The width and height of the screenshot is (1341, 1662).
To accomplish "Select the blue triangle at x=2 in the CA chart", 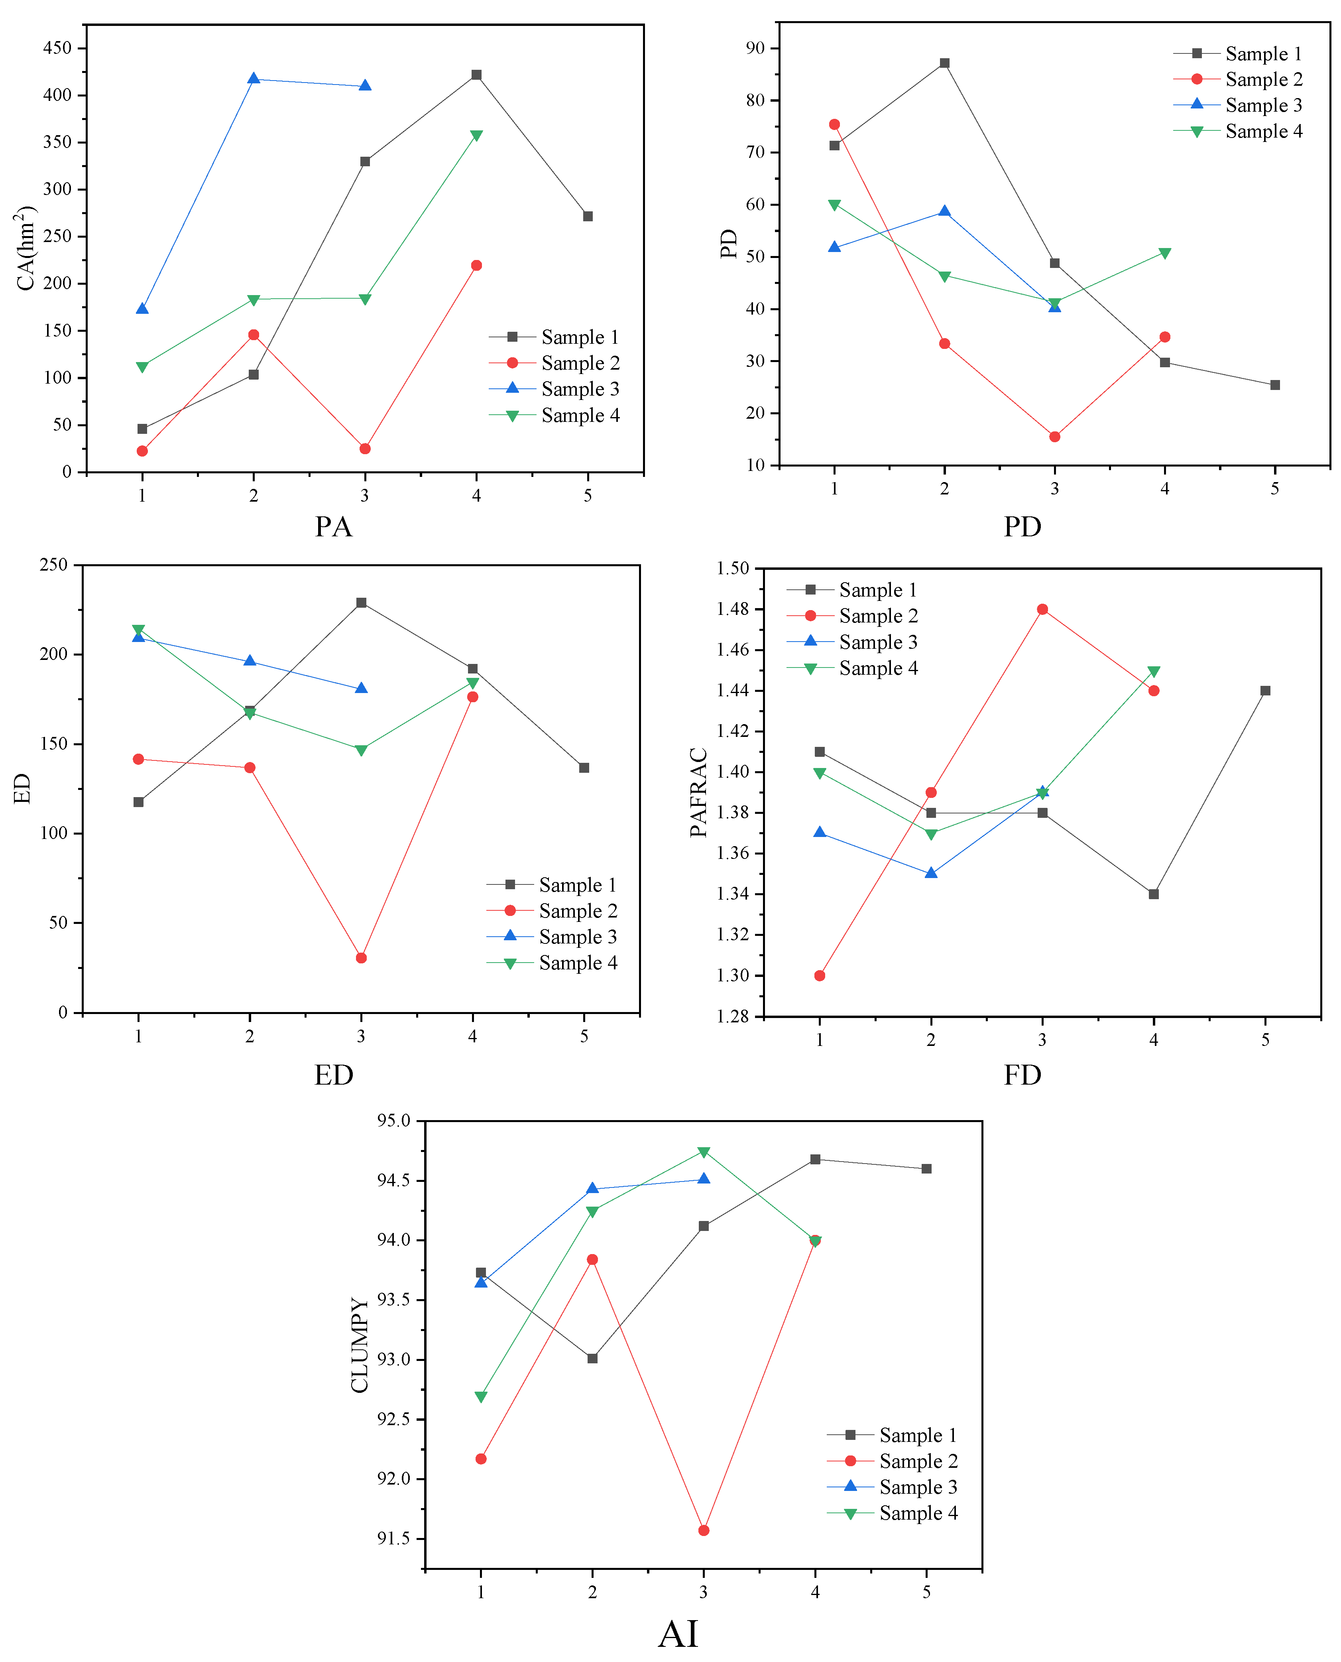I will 254,79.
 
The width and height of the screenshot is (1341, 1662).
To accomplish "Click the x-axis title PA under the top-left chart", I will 334,527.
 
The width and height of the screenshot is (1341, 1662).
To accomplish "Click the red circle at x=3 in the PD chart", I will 1054,437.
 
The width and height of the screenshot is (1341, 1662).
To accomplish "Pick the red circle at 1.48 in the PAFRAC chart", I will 1042,609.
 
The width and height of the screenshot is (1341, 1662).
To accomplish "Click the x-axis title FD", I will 1022,1075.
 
